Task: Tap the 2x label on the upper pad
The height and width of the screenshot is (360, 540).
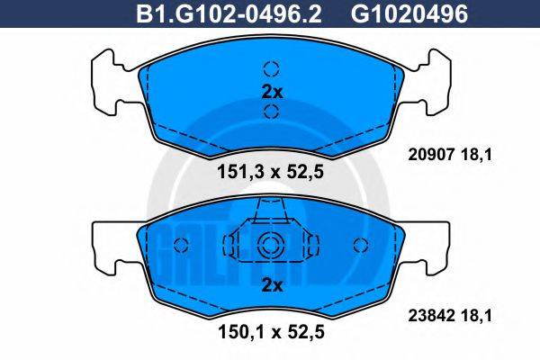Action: click(272, 91)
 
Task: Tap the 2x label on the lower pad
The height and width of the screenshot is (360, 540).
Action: click(272, 286)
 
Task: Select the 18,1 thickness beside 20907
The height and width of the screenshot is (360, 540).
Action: click(480, 155)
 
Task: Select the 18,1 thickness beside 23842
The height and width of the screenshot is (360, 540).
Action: click(480, 316)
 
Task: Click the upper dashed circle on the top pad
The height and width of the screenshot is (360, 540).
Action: click(272, 68)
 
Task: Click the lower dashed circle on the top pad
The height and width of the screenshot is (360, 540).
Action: click(272, 112)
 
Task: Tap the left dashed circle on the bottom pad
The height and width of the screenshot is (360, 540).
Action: click(180, 245)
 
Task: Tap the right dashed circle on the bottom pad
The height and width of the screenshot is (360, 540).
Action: click(363, 245)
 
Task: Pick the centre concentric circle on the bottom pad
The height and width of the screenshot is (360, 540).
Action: click(271, 245)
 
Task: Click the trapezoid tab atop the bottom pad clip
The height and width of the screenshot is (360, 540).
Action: click(271, 211)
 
